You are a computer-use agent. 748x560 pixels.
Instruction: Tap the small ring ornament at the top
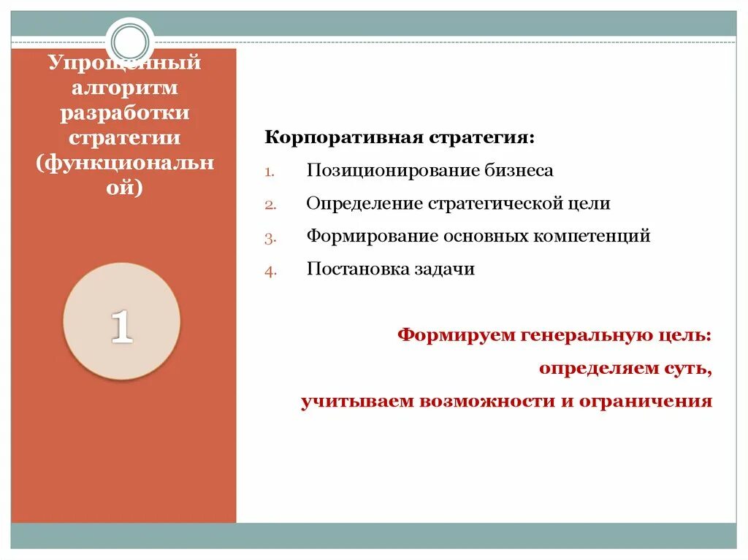(131, 39)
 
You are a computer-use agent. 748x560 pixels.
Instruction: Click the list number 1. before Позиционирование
(269, 172)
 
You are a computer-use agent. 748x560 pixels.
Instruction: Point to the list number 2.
(269, 205)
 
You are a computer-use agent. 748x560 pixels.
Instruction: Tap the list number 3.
(269, 238)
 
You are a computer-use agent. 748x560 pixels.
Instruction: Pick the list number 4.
(269, 271)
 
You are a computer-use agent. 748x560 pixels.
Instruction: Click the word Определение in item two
(365, 204)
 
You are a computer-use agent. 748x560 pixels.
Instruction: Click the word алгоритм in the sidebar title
(124, 88)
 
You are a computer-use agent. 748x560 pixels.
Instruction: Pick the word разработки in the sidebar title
(124, 113)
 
